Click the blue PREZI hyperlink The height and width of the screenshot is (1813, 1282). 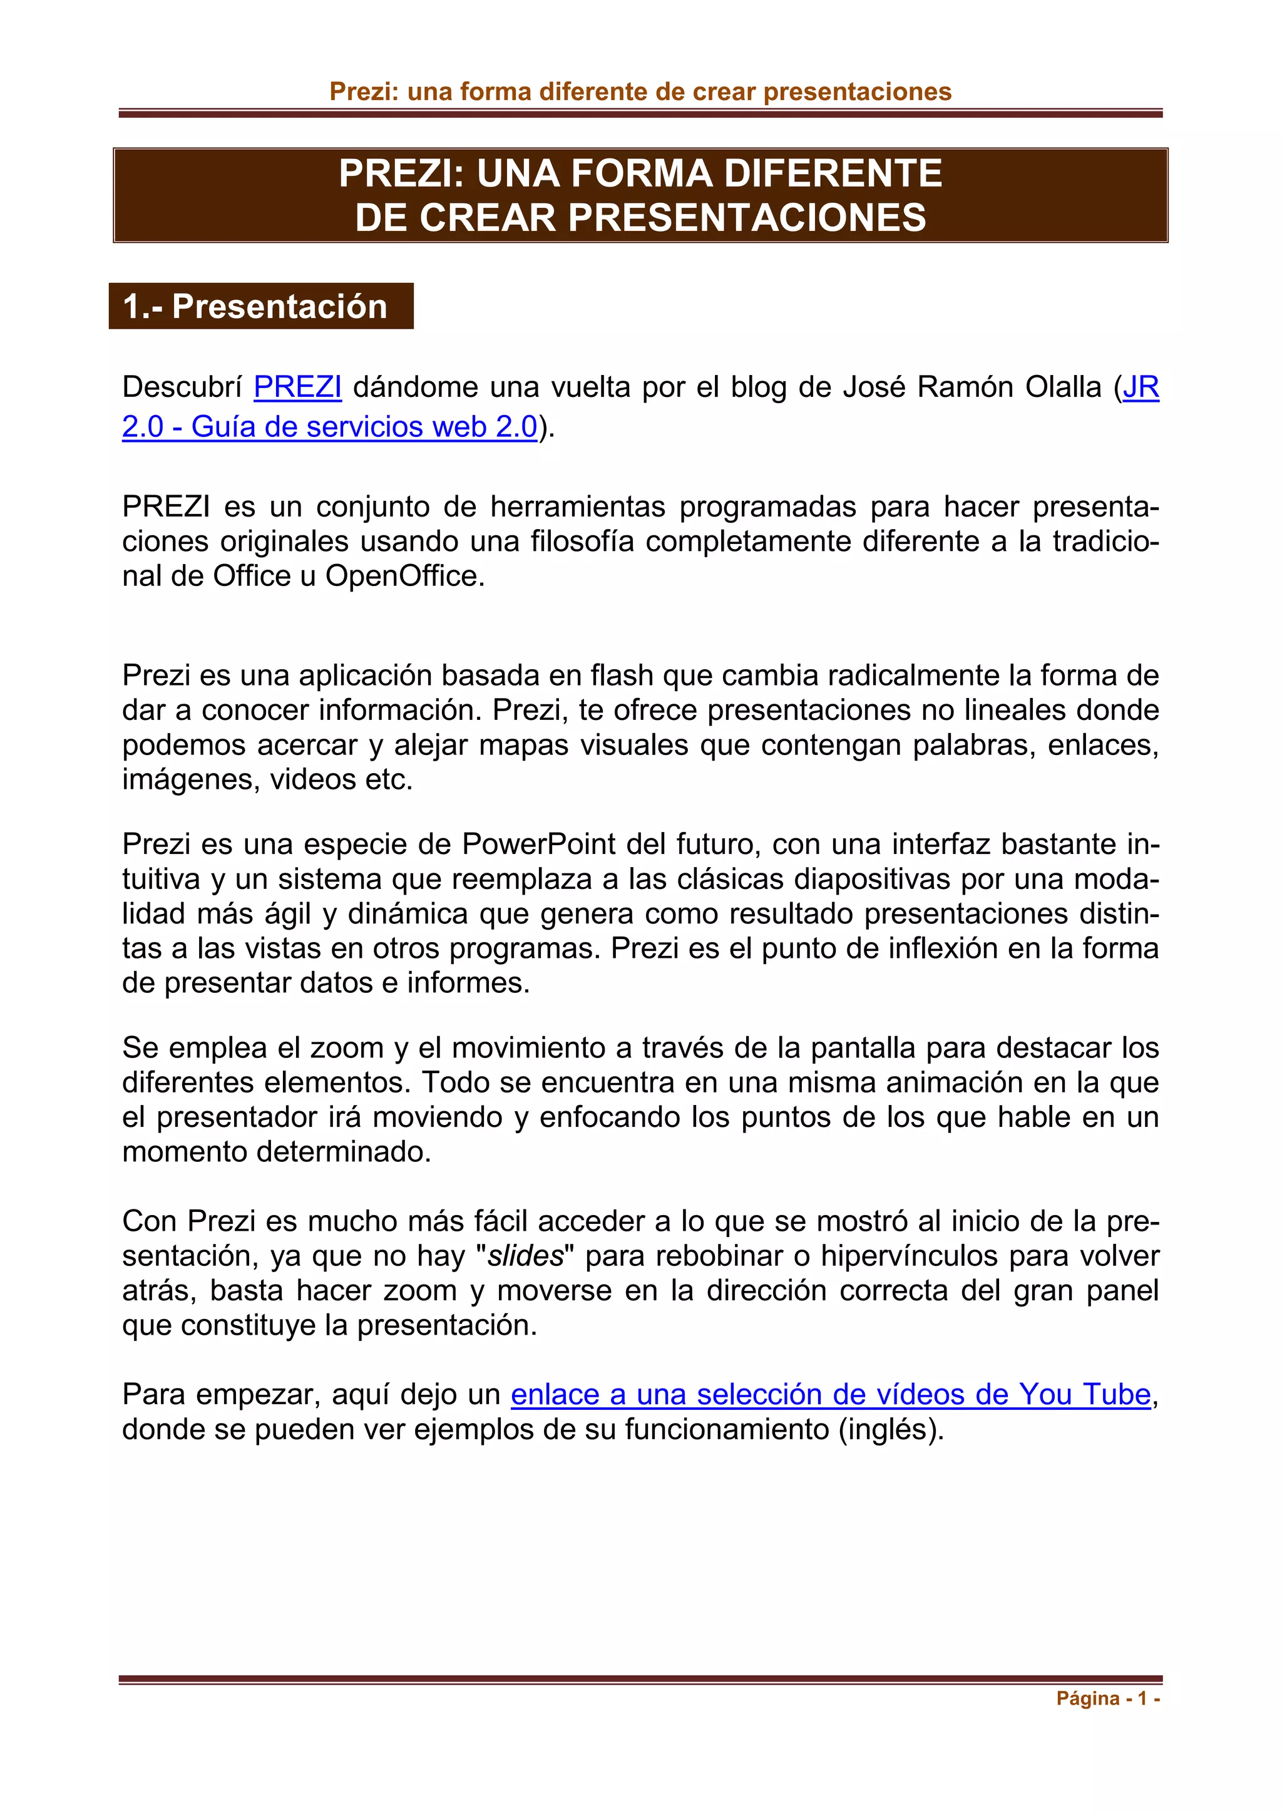pyautogui.click(x=297, y=387)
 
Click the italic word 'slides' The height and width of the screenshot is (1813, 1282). pyautogui.click(x=526, y=1256)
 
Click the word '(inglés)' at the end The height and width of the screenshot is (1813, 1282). pyautogui.click(x=891, y=1429)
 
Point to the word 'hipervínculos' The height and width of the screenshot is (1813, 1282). pyautogui.click(x=909, y=1256)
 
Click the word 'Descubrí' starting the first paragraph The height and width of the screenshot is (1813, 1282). pyautogui.click(x=182, y=387)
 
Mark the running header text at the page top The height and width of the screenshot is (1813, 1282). pyautogui.click(x=640, y=91)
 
